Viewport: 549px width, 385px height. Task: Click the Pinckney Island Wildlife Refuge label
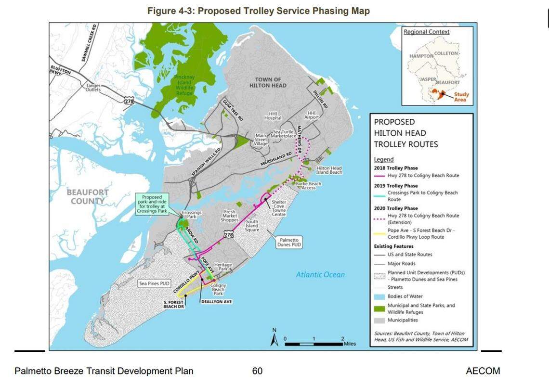[183, 84]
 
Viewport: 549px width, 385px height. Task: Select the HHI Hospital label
[273, 115]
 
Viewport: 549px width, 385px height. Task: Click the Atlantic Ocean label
[320, 275]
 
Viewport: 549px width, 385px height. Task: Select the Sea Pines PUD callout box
[155, 284]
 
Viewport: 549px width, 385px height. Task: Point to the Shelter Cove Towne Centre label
[279, 207]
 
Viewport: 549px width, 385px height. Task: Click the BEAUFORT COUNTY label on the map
[88, 196]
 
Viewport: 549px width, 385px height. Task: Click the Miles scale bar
[314, 344]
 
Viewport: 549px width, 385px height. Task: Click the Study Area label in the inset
[460, 97]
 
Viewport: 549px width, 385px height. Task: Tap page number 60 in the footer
[257, 371]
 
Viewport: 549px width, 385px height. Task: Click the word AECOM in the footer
[483, 371]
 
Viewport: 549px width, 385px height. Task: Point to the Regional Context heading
[426, 32]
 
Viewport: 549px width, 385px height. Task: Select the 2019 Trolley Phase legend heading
[396, 186]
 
